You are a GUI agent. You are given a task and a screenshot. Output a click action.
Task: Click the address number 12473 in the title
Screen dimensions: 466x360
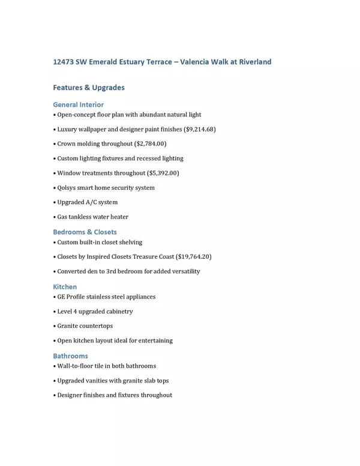pyautogui.click(x=65, y=62)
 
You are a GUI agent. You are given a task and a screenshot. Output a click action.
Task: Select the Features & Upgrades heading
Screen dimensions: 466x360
pyautogui.click(x=89, y=88)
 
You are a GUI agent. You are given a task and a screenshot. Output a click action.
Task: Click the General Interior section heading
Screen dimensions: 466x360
pyautogui.click(x=78, y=104)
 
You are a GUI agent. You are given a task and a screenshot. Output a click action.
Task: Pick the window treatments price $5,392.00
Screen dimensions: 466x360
pyautogui.click(x=163, y=173)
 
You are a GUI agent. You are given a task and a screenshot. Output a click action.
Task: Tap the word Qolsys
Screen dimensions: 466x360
pyautogui.click(x=68, y=187)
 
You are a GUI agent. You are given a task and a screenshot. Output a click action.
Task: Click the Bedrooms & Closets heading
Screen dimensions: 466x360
pyautogui.click(x=85, y=232)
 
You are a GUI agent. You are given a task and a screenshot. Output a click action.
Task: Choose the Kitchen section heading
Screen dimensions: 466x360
pyautogui.click(x=65, y=287)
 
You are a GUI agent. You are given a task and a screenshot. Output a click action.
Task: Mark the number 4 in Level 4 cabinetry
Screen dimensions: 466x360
pyautogui.click(x=75, y=312)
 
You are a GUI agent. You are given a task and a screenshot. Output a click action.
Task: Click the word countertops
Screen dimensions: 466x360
pyautogui.click(x=96, y=326)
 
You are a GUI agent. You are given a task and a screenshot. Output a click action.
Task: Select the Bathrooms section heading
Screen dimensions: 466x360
pyautogui.click(x=70, y=356)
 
